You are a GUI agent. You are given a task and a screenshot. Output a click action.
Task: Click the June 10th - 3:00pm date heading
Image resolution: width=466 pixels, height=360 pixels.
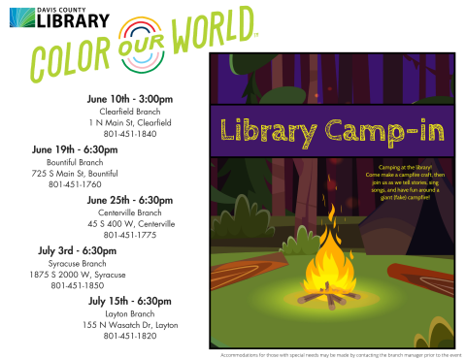[x=129, y=99]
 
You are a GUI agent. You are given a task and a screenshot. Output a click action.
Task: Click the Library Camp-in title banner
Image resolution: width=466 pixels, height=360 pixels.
[x=329, y=130]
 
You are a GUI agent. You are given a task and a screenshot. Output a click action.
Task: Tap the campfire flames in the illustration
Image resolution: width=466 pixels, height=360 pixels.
[x=324, y=262]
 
